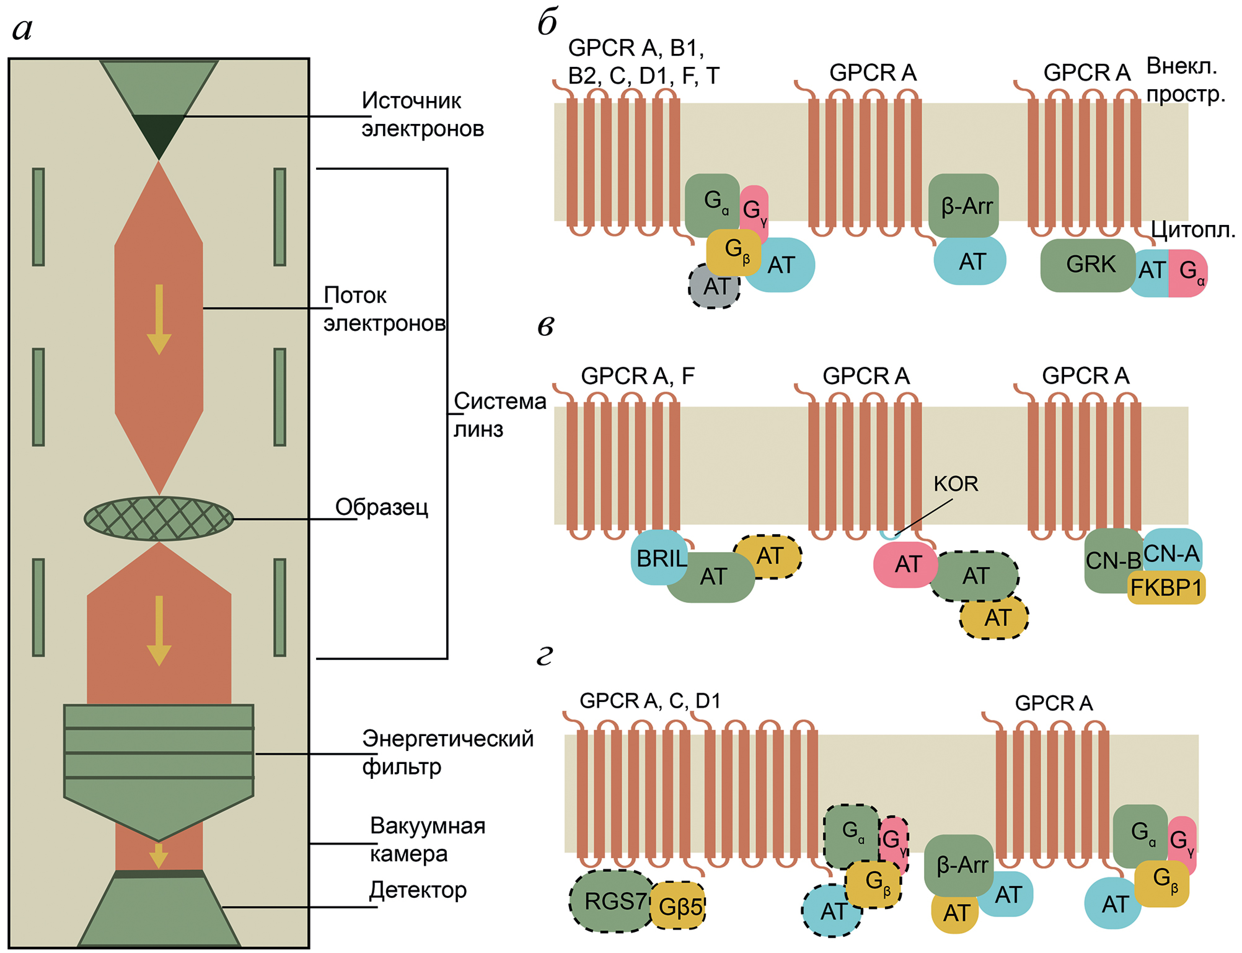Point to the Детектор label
pyautogui.click(x=418, y=890)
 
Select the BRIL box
pyautogui.click(x=659, y=558)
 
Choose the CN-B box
pyautogui.click(x=1112, y=560)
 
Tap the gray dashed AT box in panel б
pyautogui.click(x=714, y=287)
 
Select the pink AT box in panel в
pyautogui.click(x=906, y=564)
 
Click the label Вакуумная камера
pyautogui.click(x=427, y=840)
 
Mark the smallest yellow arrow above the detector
pyautogui.click(x=159, y=855)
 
